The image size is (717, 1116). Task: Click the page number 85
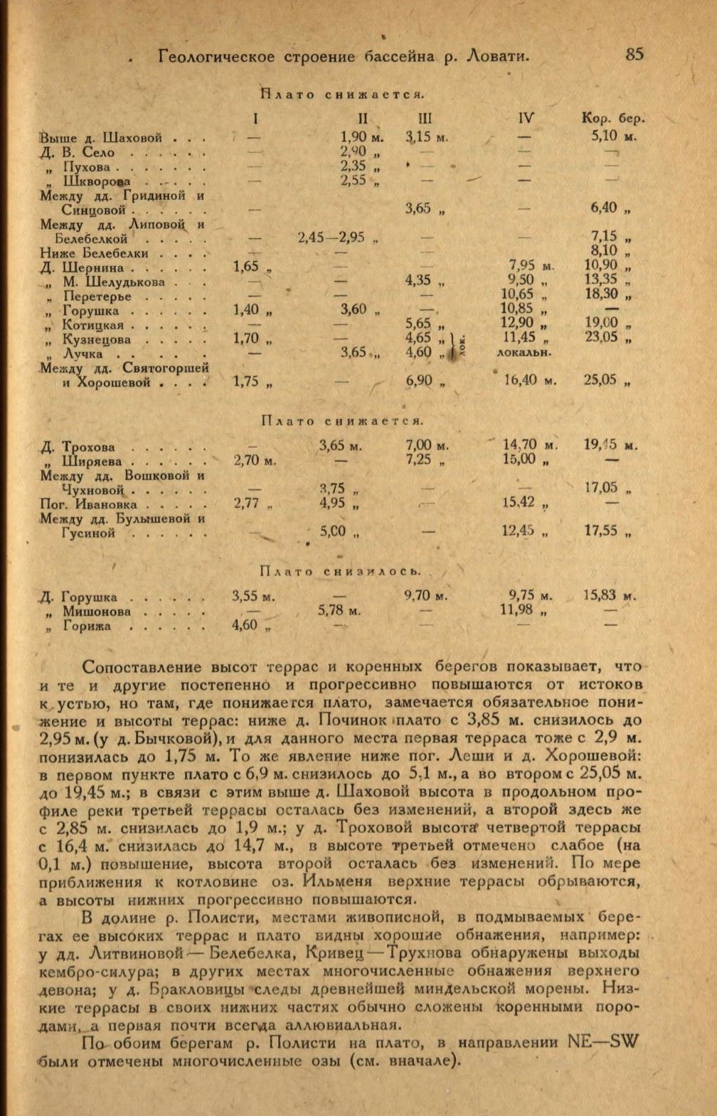[634, 54]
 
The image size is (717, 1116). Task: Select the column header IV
[526, 119]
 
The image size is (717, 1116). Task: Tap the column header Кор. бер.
[613, 119]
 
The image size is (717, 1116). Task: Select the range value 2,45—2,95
[331, 237]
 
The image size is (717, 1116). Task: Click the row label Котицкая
[93, 325]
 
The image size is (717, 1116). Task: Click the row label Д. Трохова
[78, 447]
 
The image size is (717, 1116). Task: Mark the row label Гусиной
[88, 533]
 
